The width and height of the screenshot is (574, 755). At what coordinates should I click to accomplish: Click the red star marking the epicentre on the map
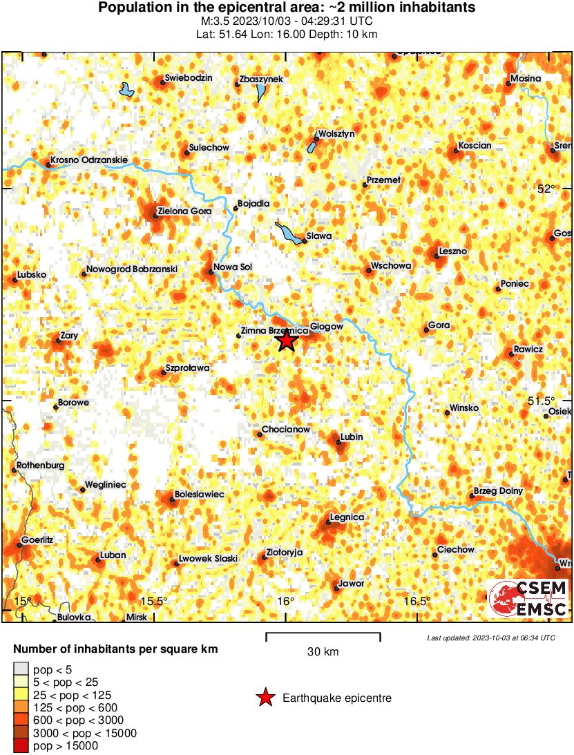click(287, 340)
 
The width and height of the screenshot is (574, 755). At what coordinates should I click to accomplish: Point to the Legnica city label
click(347, 517)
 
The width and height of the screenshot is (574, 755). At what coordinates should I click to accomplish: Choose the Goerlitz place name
click(38, 539)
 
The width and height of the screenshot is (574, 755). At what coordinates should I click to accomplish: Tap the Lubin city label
click(352, 437)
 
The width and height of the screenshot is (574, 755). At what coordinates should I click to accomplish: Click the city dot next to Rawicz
click(512, 354)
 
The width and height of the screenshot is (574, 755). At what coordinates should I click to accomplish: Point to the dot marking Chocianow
click(261, 434)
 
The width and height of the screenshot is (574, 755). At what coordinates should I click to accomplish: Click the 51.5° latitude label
click(540, 401)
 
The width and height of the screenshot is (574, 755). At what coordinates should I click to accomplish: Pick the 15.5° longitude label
click(156, 601)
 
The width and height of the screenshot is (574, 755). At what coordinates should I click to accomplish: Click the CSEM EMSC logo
click(528, 598)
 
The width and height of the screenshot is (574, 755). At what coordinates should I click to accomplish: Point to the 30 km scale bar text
click(323, 651)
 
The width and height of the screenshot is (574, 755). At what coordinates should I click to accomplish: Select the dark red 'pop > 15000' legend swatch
click(21, 745)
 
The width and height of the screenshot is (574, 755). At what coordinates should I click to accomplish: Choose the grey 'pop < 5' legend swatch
click(21, 669)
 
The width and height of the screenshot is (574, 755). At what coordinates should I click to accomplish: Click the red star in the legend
click(265, 698)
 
